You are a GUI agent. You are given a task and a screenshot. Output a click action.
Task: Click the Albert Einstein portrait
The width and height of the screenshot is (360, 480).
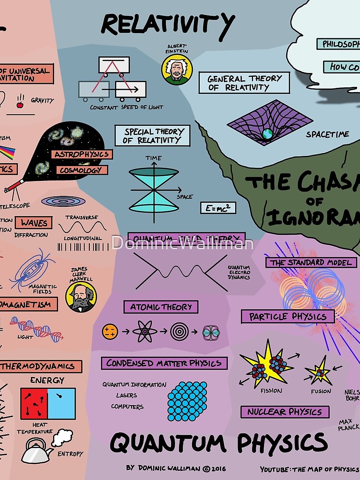coord(177,70)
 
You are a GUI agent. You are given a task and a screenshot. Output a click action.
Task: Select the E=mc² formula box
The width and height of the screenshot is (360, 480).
coord(218,208)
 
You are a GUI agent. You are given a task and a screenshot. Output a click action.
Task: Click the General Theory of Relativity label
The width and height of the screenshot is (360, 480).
coord(245,83)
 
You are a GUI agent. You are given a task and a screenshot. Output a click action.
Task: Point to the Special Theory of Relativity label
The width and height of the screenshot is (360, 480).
coord(152,136)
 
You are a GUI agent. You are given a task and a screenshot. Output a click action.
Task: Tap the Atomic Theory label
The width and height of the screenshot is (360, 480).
coord(161,307)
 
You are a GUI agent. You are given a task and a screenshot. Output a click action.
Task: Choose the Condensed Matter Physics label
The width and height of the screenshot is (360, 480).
coord(164,363)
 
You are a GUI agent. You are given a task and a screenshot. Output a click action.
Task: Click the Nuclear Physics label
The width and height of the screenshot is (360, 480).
coord(285,412)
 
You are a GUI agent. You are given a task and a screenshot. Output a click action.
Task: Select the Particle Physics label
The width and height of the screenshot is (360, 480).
coord(288,317)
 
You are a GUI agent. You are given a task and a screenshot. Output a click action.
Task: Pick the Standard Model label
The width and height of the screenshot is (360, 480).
coord(312,263)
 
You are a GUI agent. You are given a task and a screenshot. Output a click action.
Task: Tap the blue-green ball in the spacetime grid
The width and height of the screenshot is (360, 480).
coord(267,133)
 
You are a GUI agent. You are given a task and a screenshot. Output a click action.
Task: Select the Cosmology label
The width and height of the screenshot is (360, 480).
coord(82,170)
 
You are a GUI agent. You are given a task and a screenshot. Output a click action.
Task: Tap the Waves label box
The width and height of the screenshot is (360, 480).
coord(34,223)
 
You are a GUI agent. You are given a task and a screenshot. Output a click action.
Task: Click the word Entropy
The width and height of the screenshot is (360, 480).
coord(70,454)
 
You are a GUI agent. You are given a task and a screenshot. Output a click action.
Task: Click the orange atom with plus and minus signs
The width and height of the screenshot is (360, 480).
coord(110,331)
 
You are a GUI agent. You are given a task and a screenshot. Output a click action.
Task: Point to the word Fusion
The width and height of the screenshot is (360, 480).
coord(321,391)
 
